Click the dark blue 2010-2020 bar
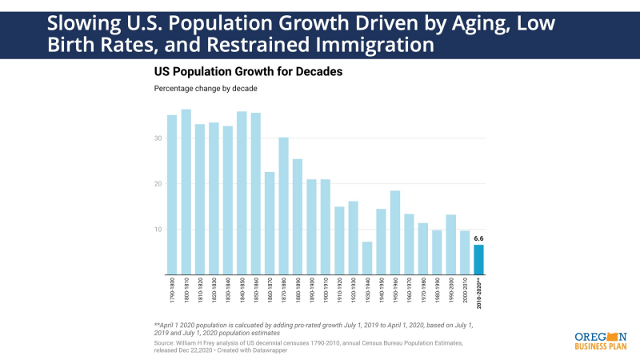pyautogui.click(x=478, y=259)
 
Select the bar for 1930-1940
pyautogui.click(x=367, y=258)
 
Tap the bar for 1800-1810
pyautogui.click(x=186, y=192)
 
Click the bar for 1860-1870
pyautogui.click(x=270, y=223)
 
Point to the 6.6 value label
pyautogui.click(x=478, y=238)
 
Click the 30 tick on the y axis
pyautogui.click(x=158, y=138)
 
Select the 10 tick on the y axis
pyautogui.click(x=158, y=230)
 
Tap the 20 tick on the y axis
pyautogui.click(x=158, y=184)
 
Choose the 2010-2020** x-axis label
pyautogui.click(x=479, y=295)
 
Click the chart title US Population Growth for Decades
pyautogui.click(x=248, y=71)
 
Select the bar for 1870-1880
pyautogui.click(x=283, y=206)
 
